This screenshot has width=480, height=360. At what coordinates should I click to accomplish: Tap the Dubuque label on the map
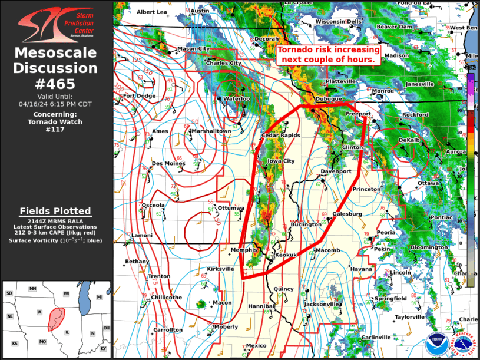coord(329,99)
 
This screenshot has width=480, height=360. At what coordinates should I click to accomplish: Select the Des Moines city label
coord(168,163)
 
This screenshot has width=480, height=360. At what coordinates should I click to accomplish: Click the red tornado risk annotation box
coord(327,55)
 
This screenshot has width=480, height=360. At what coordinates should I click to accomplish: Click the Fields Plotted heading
coord(55,211)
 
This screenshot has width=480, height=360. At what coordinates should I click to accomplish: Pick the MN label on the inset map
coord(33,289)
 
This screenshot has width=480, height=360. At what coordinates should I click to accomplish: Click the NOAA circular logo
coord(436,343)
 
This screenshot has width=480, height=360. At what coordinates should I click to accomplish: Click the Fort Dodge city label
coord(139,96)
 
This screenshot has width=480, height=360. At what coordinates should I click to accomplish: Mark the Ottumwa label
coord(230,208)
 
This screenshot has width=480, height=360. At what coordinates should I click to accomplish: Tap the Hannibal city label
coord(261,307)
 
